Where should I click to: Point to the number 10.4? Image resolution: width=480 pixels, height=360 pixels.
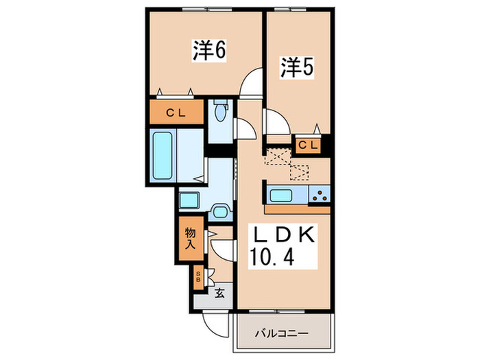[276, 259]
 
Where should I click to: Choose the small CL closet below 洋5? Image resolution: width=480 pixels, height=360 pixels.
[308, 145]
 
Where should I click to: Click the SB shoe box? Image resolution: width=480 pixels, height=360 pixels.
[199, 277]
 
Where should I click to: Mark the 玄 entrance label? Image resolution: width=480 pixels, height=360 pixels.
[219, 293]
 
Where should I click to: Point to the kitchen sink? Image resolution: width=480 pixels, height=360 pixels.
[284, 194]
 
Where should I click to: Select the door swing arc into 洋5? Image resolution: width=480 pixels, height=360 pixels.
[276, 123]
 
